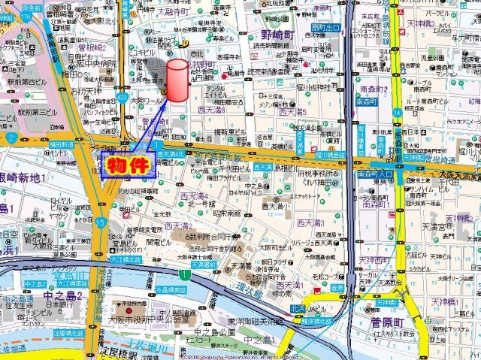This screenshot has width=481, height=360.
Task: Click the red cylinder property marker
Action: [x=177, y=80]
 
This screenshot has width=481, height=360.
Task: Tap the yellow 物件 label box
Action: [x=127, y=165]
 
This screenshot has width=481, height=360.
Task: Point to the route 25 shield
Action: [x=101, y=222]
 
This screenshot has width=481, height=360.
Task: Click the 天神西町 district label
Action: [x=373, y=260]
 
